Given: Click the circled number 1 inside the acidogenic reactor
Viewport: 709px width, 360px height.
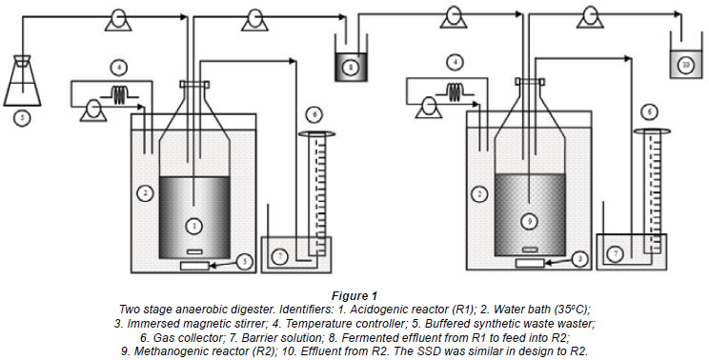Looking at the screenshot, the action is [194, 226].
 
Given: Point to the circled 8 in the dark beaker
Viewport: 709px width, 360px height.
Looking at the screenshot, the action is [351, 68].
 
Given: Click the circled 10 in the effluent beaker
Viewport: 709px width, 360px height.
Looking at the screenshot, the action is [685, 65].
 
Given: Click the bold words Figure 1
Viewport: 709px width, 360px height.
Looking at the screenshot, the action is [354, 296].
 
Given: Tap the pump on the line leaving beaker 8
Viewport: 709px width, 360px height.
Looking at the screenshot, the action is [454, 17].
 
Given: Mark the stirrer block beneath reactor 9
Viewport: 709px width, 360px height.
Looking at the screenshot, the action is [530, 263].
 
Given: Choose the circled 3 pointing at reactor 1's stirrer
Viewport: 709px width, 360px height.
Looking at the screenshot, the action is [245, 261].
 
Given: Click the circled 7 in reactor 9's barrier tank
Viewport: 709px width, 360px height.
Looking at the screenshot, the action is [615, 254].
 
